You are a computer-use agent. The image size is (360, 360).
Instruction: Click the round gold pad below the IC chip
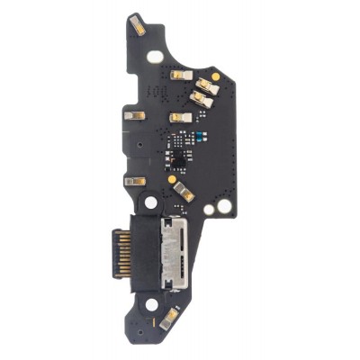pyautogui.click(x=168, y=179)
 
